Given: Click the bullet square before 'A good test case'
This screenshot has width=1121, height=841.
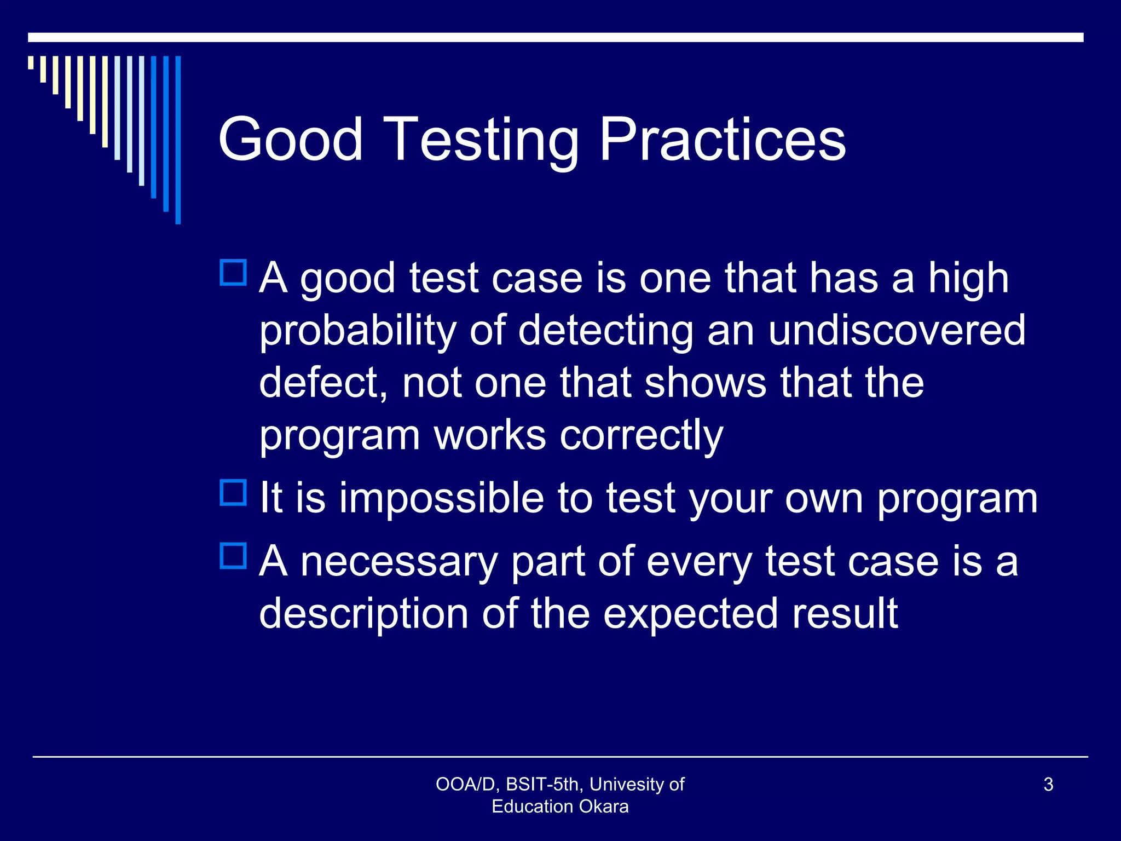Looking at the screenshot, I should click(234, 273).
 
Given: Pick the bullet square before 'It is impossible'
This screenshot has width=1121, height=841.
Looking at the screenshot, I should click(234, 492).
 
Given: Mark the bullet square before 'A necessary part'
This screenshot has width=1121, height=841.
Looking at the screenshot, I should click(234, 556).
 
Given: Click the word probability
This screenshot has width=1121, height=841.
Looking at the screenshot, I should click(357, 332).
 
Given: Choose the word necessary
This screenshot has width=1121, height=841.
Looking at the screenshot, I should click(399, 562).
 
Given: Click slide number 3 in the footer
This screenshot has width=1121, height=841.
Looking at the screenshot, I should click(1048, 785).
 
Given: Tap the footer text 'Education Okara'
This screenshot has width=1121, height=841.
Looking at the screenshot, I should click(560, 807).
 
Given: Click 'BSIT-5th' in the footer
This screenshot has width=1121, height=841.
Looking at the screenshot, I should click(542, 785).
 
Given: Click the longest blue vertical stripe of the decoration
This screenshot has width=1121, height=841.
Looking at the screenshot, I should click(178, 140).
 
